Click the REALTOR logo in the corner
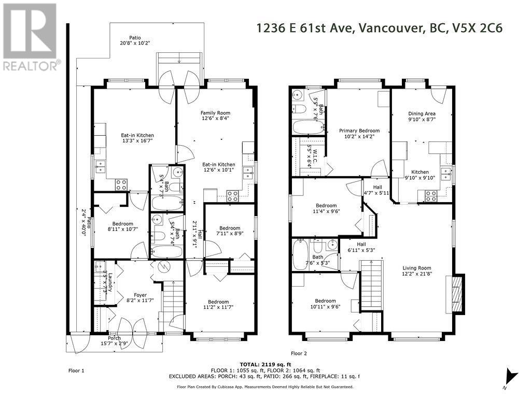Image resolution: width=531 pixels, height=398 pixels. click(30, 37)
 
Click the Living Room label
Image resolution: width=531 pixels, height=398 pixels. click(416, 272)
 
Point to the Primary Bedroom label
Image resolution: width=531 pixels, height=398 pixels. click(359, 134)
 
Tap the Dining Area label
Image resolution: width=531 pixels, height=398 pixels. click(422, 117)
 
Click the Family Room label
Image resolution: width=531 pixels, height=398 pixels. click(215, 116)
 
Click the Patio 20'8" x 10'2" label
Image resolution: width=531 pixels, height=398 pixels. click(135, 41)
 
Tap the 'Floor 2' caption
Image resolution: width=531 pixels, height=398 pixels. click(299, 353)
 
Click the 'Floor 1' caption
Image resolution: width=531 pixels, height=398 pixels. click(76, 371)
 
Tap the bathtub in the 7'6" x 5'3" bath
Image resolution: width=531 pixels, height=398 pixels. click(301, 254)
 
